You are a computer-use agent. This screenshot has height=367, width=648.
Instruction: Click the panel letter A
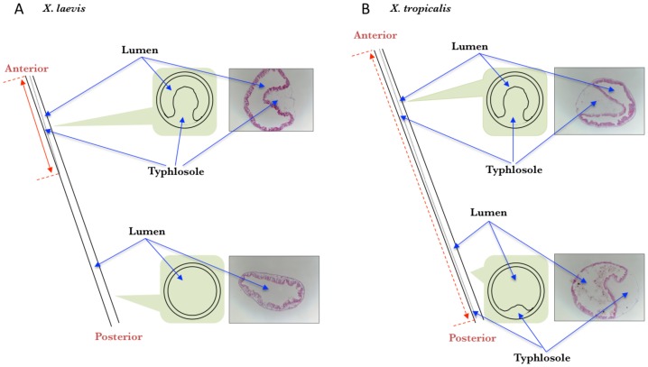[10, 10]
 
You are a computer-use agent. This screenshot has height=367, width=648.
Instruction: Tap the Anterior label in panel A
[26, 68]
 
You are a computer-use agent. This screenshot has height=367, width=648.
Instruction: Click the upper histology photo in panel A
[272, 102]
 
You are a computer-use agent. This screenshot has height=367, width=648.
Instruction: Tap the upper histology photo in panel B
[597, 101]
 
